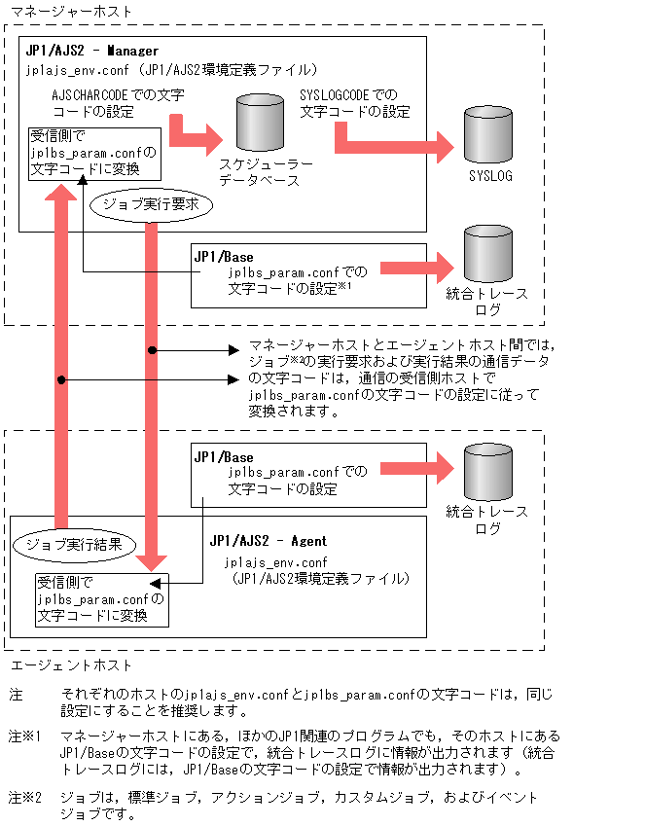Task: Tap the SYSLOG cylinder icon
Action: [x=488, y=133]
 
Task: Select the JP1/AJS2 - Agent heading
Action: [x=268, y=541]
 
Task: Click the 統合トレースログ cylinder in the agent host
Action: [x=487, y=472]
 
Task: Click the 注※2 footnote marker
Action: [x=26, y=798]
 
